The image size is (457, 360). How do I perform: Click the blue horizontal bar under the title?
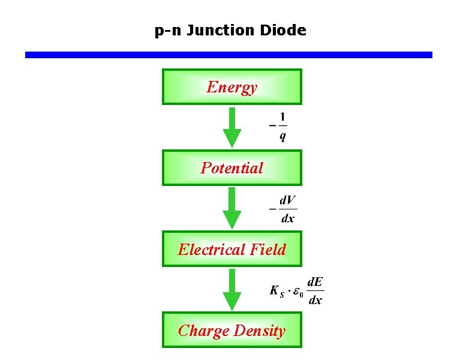(228, 55)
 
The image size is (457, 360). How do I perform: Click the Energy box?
(231, 87)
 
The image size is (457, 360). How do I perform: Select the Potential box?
(231, 168)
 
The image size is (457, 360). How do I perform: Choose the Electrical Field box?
(231, 249)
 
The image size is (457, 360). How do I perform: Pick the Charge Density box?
(231, 330)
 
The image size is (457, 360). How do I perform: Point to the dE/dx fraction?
(315, 290)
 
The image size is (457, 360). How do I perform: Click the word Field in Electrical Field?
(268, 249)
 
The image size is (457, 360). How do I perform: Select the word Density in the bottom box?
(260, 331)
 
